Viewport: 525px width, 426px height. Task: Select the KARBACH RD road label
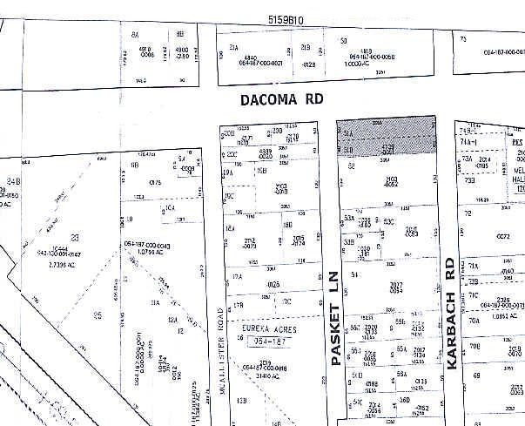click(x=452, y=314)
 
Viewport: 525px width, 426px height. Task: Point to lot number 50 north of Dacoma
click(x=344, y=40)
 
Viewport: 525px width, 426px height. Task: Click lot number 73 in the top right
click(x=463, y=39)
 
